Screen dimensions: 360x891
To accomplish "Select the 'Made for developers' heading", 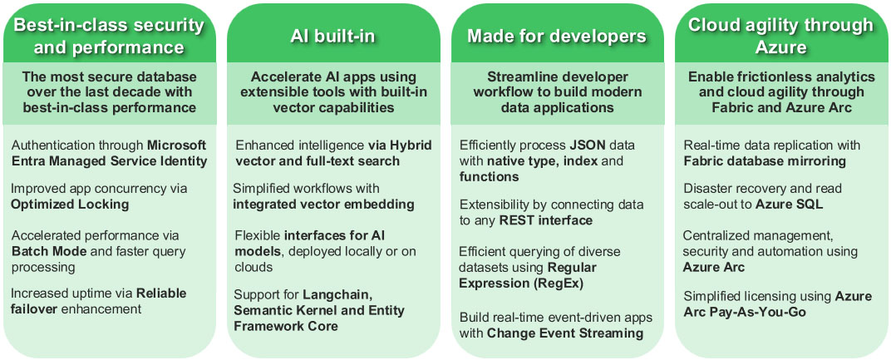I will pyautogui.click(x=556, y=36).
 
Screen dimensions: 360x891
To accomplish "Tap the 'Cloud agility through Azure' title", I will pyautogui.click(x=780, y=36).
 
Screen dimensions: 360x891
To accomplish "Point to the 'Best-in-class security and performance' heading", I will pyautogui.click(x=109, y=36).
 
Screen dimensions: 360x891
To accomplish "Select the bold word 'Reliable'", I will pyautogui.click(x=161, y=293).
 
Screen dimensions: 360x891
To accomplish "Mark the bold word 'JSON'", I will pyautogui.click(x=588, y=145).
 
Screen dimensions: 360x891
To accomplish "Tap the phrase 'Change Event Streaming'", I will pyautogui.click(x=564, y=333).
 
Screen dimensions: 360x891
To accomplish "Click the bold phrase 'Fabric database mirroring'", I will pyautogui.click(x=753, y=161).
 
